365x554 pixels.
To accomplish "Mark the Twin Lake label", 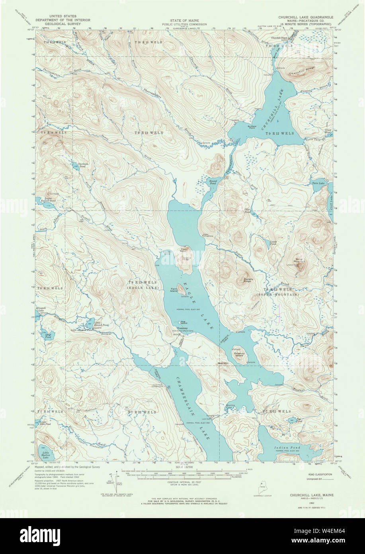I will click(318, 183).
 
